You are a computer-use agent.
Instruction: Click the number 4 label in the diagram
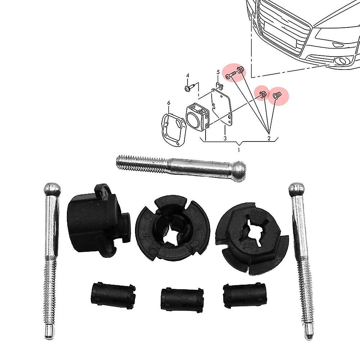click(x=188, y=75)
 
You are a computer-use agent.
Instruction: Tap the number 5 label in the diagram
click(x=218, y=72)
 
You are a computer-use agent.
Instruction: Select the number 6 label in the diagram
click(x=169, y=103)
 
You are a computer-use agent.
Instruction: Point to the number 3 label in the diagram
click(x=225, y=139)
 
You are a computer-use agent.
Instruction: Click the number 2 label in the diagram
click(x=269, y=138)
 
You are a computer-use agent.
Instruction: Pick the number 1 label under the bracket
click(x=239, y=150)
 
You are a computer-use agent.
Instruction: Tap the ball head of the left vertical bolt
click(x=52, y=189)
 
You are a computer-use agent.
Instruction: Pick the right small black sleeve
click(x=245, y=295)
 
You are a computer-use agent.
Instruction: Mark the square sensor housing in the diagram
click(x=197, y=117)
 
